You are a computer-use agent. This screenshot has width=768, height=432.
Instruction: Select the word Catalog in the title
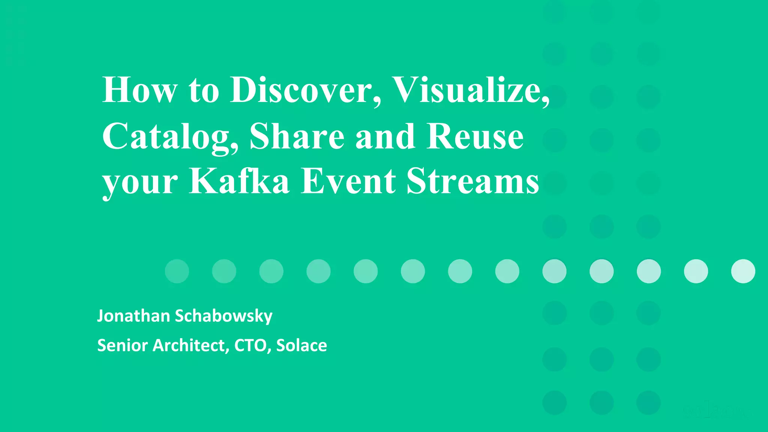(171, 137)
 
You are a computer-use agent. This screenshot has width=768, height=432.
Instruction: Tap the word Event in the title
(348, 181)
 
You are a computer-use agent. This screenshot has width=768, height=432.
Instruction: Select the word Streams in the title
(473, 181)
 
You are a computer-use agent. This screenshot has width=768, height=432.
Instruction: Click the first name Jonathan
(133, 316)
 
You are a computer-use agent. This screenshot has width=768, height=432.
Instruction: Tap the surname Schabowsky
(223, 316)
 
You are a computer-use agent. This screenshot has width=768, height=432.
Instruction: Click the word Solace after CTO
(301, 345)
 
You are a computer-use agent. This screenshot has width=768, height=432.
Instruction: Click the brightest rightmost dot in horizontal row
(743, 271)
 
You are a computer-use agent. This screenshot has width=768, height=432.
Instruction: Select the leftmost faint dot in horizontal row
(177, 271)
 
